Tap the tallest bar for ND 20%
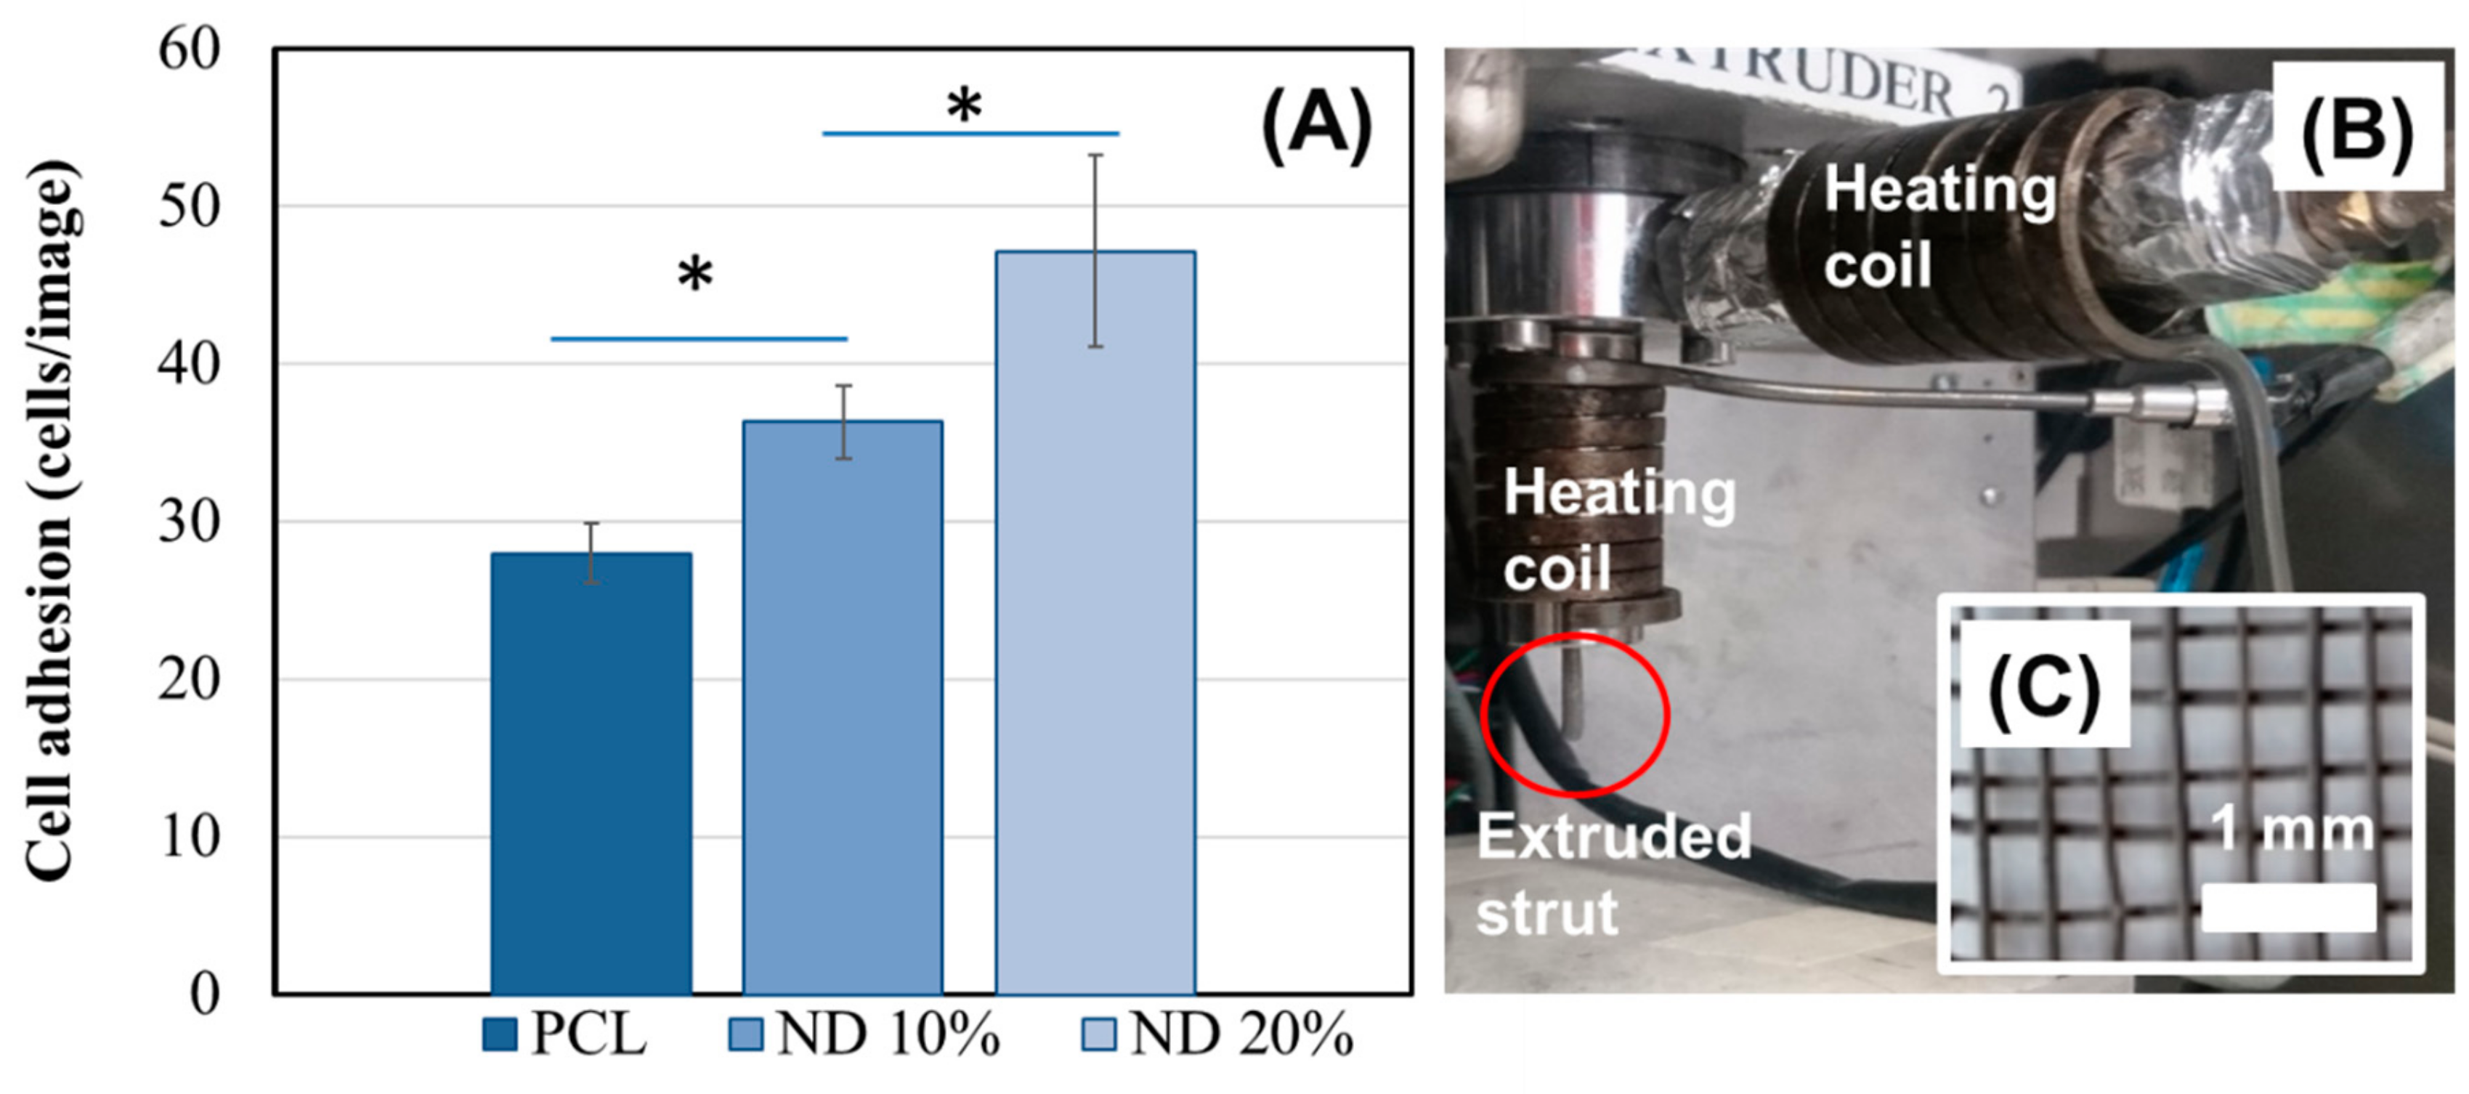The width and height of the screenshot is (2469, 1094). [x=1095, y=623]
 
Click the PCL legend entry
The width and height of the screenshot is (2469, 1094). [x=565, y=1035]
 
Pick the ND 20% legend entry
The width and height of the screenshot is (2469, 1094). [x=1217, y=1035]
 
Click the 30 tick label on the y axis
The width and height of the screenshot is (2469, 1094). [x=189, y=522]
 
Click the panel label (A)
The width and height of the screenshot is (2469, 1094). [x=1317, y=126]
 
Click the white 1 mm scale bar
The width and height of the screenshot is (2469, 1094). [x=2288, y=907]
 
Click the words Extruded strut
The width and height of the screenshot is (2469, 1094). [x=1613, y=873]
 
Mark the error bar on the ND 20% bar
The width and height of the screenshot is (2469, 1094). [x=1095, y=251]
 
